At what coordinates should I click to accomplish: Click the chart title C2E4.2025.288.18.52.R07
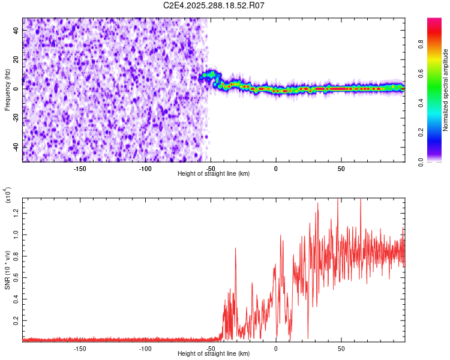[x=214, y=5]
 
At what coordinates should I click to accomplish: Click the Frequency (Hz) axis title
[x=7, y=89]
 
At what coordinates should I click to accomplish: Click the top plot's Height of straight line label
[x=214, y=174]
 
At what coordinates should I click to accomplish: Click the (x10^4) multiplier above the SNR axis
[x=8, y=195]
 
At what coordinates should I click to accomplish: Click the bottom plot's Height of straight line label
[x=214, y=354]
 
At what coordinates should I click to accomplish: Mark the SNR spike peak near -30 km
[x=236, y=248]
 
